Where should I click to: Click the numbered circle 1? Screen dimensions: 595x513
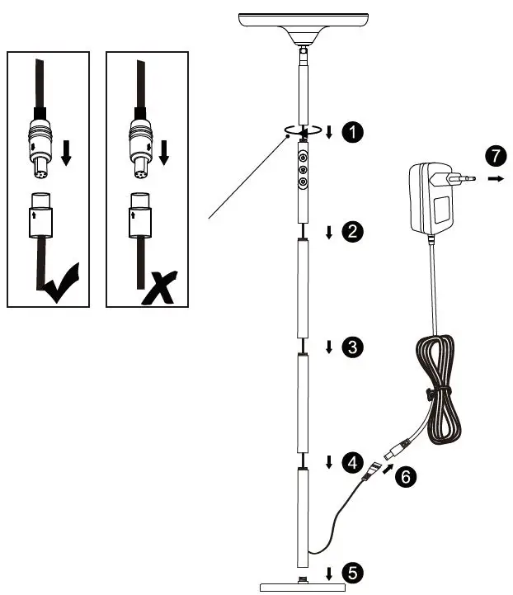click(353, 131)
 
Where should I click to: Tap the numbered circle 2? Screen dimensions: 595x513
click(353, 232)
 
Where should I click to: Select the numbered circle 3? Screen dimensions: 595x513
click(353, 347)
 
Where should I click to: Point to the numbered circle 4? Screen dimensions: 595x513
click(353, 461)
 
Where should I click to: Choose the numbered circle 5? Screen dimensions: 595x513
click(353, 572)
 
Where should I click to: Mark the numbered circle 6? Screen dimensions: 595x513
click(405, 476)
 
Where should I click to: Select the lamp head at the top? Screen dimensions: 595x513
click(302, 25)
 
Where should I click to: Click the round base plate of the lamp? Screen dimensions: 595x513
click(302, 587)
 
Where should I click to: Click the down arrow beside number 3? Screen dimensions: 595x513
click(329, 347)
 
